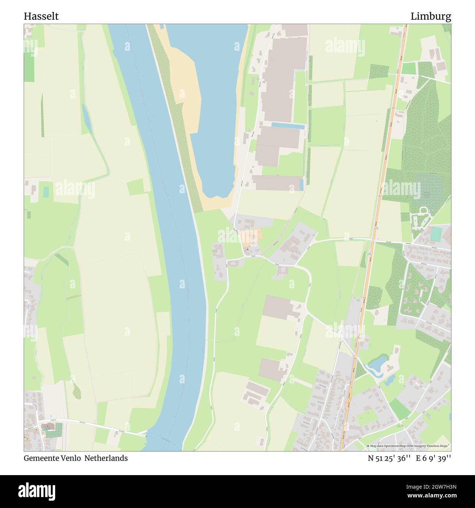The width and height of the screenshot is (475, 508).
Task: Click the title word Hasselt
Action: click(41, 16)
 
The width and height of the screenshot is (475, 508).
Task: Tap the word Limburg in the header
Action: click(431, 16)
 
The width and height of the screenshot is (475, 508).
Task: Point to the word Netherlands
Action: click(106, 458)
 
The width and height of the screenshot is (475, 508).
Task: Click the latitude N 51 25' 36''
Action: click(390, 458)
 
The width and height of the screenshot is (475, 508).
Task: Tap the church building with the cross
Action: click(47, 426)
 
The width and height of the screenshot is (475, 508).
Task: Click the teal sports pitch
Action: click(435, 234)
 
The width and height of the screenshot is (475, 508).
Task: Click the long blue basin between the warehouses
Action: click(288, 126)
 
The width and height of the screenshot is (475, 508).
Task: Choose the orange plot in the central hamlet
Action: click(251, 238)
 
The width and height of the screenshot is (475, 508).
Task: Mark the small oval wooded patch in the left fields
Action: click(76, 391)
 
